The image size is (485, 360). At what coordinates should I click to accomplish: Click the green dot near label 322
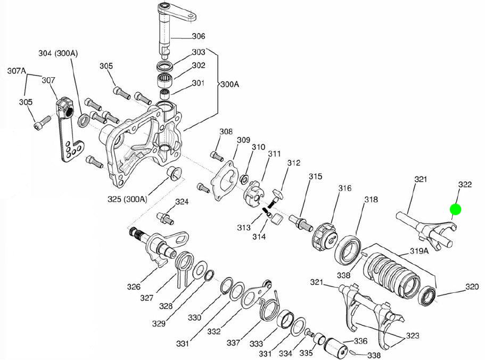coord(455,209)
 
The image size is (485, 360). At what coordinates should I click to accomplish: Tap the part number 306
coord(198,36)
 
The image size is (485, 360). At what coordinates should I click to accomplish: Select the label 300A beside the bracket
coord(230,84)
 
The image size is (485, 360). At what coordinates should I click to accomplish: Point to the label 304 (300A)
coord(58,53)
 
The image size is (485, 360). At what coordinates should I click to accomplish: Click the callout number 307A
coord(17,70)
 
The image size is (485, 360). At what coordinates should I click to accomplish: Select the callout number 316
coord(344,188)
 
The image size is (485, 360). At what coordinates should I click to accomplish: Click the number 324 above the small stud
coord(182,202)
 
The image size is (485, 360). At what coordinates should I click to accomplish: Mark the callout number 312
coord(294,163)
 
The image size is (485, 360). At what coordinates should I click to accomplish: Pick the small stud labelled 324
coord(165,218)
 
